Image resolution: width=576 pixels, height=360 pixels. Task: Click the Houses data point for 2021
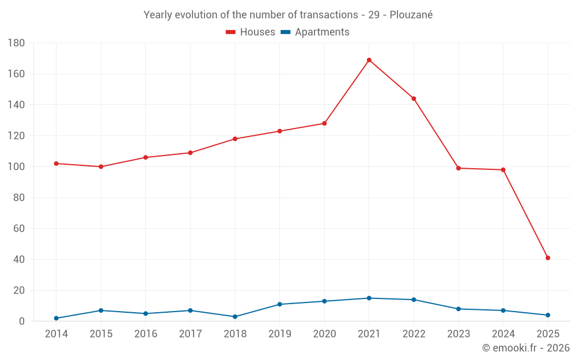[369, 60]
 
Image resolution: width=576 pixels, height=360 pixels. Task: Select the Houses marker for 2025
[548, 258]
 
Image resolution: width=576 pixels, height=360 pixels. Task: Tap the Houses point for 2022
[414, 98]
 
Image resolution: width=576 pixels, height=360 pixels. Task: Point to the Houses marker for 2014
[56, 164]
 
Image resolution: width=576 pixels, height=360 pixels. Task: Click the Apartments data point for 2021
[369, 298]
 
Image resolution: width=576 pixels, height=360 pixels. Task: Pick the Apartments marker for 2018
[235, 317]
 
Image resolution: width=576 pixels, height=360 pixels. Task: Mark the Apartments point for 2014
[56, 318]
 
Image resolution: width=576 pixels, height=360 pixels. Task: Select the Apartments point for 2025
[548, 315]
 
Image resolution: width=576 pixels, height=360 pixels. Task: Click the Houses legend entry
[251, 32]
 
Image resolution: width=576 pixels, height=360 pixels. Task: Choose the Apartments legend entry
[315, 32]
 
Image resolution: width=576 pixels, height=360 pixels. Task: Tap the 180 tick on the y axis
[16, 43]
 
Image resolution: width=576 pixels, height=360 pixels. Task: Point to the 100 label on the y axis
[16, 167]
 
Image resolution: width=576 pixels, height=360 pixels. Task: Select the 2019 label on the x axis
[280, 334]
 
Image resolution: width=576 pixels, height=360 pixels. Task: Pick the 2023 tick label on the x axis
[458, 334]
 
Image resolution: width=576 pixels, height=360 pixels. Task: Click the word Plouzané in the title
[411, 15]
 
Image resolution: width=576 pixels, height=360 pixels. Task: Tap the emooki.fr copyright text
[525, 348]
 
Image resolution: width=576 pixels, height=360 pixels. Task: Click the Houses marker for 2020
[324, 123]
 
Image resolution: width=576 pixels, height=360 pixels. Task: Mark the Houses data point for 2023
[458, 168]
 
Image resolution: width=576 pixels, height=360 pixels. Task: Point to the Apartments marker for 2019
[280, 304]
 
